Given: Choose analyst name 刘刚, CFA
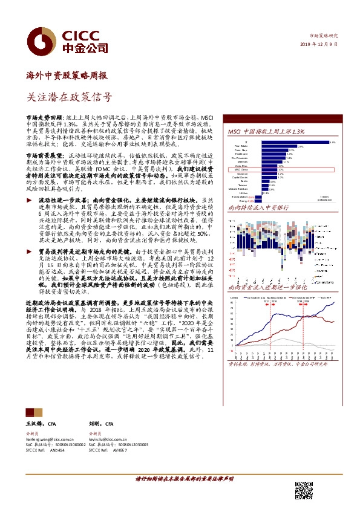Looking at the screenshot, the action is tap(98, 425).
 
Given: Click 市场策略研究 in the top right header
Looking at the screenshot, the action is tap(323, 36).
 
